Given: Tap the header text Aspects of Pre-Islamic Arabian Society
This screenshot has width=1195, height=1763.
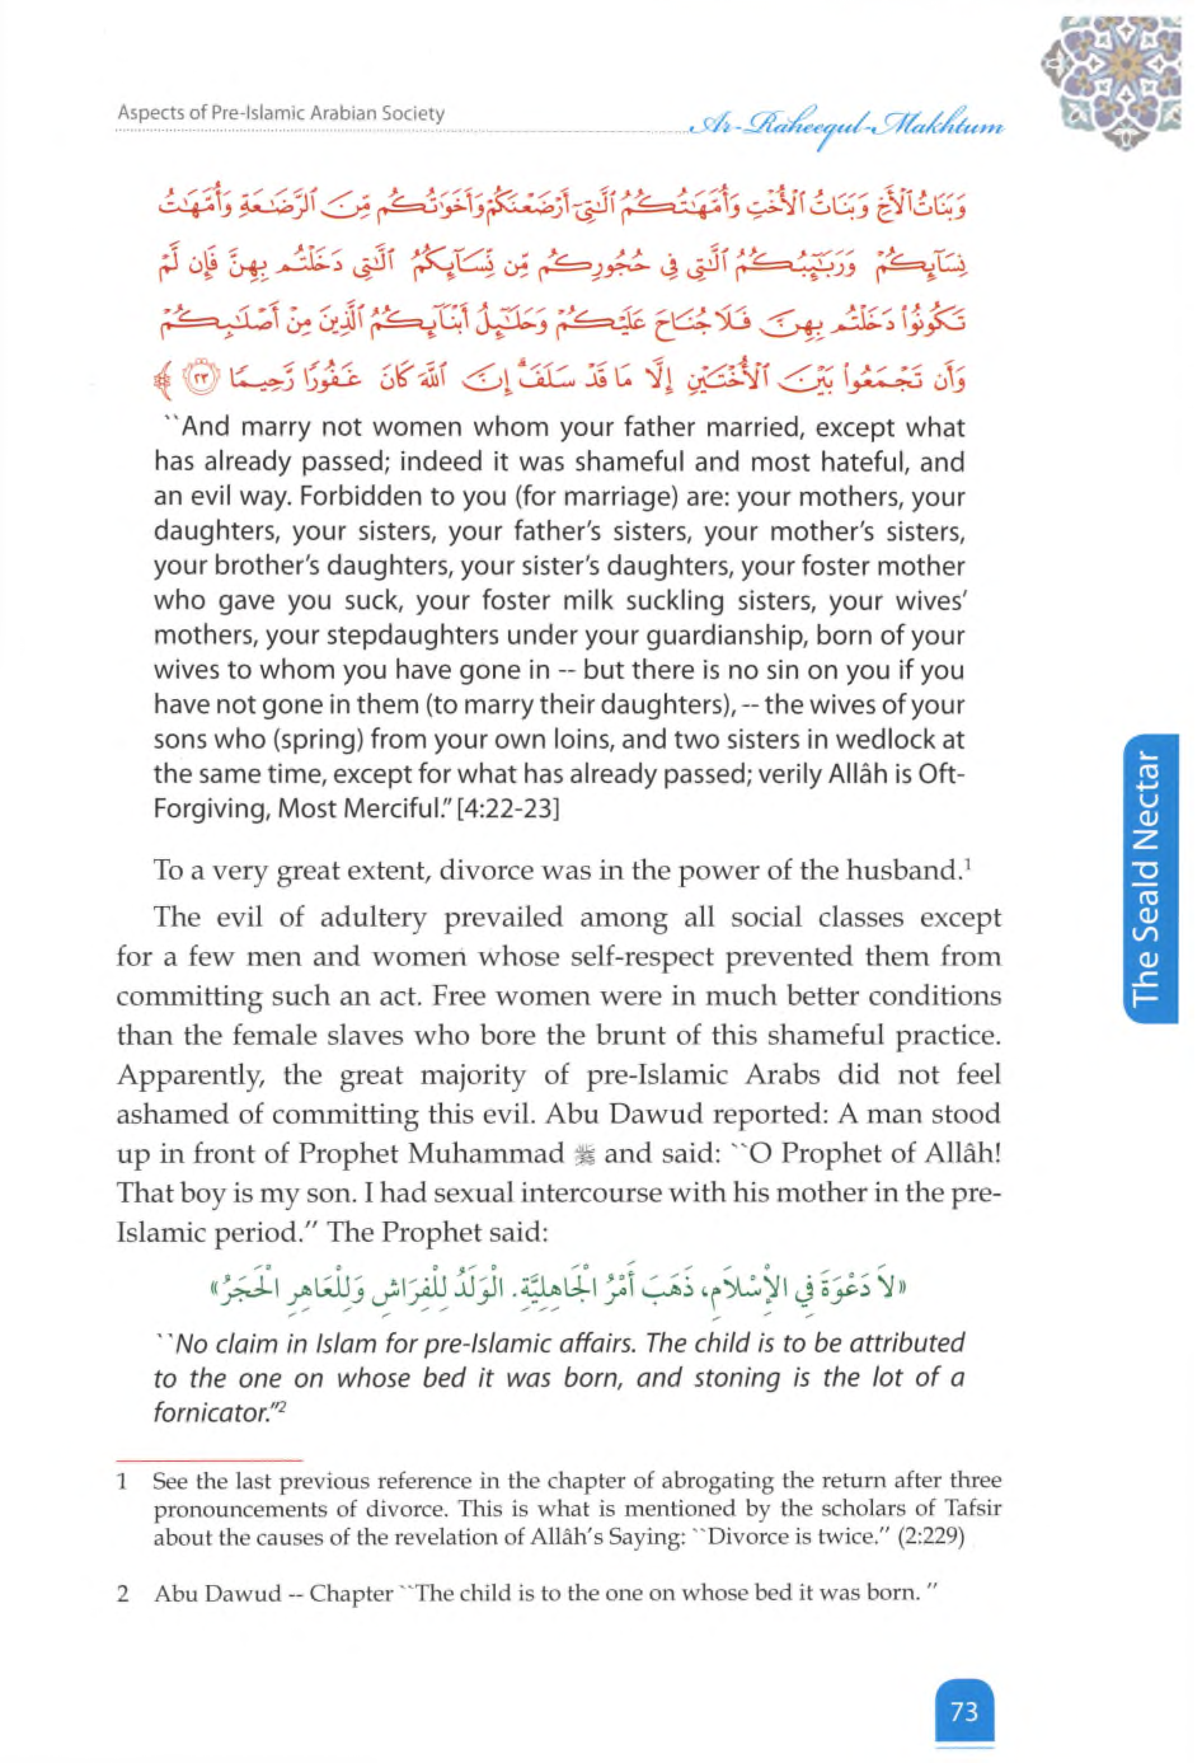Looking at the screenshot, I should pyautogui.click(x=281, y=114).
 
